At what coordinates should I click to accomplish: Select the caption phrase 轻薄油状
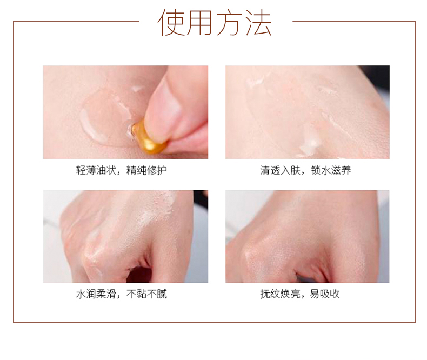tap(96, 170)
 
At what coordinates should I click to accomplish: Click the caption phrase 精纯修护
tap(146, 170)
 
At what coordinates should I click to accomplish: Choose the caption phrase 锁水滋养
tap(331, 170)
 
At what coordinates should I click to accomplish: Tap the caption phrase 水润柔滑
tap(96, 294)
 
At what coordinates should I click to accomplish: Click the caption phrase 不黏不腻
tap(146, 294)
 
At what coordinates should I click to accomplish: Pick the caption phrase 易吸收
tap(325, 294)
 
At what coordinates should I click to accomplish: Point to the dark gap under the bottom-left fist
tap(139, 275)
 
